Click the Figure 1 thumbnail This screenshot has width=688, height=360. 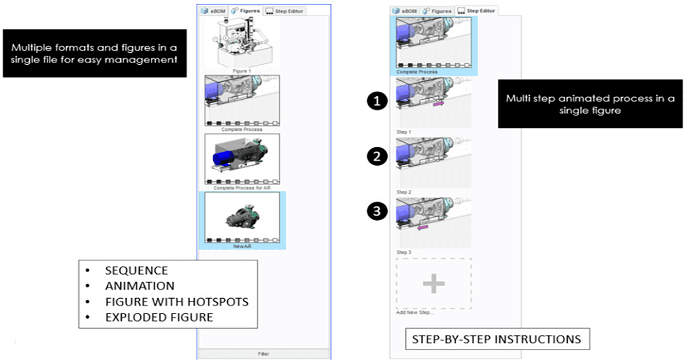242,43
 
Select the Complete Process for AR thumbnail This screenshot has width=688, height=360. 242,158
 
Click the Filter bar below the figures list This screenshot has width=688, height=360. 264,354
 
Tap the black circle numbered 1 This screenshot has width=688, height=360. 376,102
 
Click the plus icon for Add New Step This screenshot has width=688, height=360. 433,283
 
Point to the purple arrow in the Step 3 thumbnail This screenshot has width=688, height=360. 423,228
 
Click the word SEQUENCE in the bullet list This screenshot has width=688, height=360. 136,271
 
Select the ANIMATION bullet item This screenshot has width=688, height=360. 139,285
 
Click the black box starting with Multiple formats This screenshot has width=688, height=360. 95,53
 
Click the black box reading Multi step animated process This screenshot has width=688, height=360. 590,104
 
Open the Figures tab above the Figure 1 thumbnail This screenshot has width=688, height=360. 245,11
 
